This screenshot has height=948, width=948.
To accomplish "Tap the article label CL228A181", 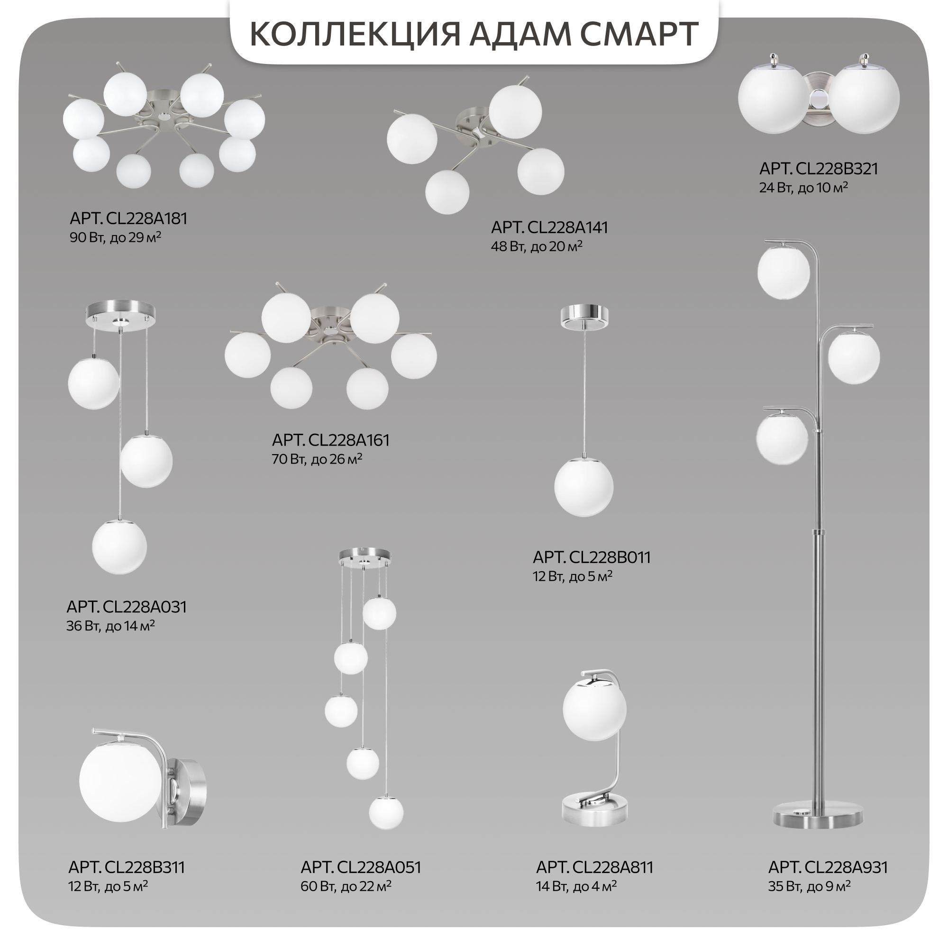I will coord(128,219).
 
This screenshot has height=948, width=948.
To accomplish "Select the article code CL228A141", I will coord(549,228).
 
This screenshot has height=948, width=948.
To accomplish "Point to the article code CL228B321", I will coord(819,169).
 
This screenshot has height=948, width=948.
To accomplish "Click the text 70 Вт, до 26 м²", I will coord(317,459).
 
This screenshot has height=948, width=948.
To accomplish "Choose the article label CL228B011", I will coord(592,557).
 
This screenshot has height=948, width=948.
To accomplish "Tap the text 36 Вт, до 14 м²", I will coord(111,626).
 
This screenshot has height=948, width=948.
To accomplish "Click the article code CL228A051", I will coord(361,867).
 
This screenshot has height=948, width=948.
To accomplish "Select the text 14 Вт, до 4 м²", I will coord(576,886).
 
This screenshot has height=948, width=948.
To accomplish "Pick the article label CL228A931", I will coord(828,867).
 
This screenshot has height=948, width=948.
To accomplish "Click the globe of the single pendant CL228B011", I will coord(584,487).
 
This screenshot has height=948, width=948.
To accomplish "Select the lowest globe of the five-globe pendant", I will coord(386,812).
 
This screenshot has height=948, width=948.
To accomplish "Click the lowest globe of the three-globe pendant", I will coord(119,547).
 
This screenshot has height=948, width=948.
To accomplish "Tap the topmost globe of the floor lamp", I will coord(783,273).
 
